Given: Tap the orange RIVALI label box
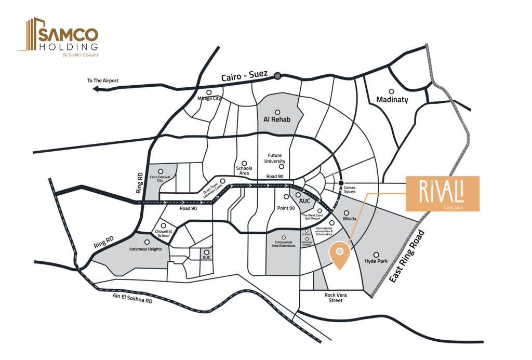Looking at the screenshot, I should coord(442,193).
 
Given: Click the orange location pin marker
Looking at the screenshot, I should coord(339,255).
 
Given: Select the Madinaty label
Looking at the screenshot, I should coord(392,99).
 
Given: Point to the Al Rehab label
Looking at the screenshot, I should coord(277,119).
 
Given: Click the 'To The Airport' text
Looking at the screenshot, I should coord(103,81).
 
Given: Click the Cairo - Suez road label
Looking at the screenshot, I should coord(244,76).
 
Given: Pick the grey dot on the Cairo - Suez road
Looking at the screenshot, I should coord(278,76).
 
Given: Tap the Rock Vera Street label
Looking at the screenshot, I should coord(336,298).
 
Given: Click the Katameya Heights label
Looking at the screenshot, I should coord(145,249).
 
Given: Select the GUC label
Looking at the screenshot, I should coord(207,257).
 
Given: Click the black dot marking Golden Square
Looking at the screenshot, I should coord(341,183).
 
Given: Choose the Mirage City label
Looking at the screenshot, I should coord(209,98).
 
